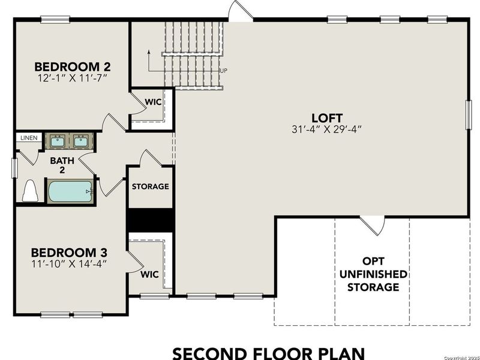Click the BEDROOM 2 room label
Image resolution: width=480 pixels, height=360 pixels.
click(x=71, y=67)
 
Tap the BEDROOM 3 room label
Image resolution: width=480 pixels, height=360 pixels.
click(x=68, y=253)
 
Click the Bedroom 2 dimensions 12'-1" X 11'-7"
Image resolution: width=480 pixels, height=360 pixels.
click(x=71, y=77)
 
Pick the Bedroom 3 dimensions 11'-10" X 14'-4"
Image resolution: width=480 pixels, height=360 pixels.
click(x=68, y=263)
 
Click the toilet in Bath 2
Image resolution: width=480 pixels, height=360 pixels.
click(x=29, y=191)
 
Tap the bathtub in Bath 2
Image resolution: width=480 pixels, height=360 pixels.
click(x=70, y=191)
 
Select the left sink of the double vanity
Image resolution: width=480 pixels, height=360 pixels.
click(x=58, y=142)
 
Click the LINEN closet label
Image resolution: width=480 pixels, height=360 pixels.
click(x=28, y=138)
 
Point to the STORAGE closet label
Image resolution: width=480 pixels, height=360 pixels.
click(x=150, y=187)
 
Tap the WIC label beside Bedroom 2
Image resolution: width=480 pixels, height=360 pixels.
click(x=154, y=102)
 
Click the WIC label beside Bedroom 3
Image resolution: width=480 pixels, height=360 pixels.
click(x=149, y=274)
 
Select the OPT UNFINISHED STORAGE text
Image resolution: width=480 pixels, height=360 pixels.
click(x=372, y=274)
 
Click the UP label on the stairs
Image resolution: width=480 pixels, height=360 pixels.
click(x=224, y=71)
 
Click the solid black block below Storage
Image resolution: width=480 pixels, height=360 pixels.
click(x=150, y=218)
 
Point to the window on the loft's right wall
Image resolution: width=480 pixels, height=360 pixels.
click(x=468, y=113)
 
